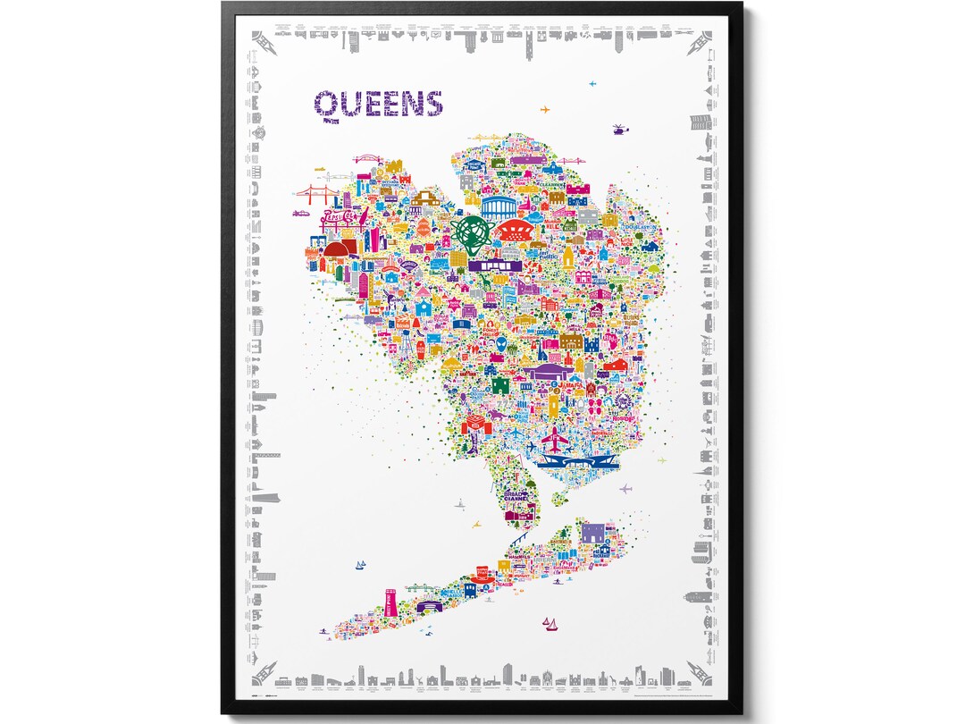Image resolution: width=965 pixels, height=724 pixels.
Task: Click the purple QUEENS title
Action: point(379,104)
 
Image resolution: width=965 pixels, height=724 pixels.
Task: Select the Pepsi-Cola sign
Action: point(319,218)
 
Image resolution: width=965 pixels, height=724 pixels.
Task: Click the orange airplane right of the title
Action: point(546,110)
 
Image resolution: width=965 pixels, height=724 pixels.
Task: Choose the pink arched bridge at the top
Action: point(368,161)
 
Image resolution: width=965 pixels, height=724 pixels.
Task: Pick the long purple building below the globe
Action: point(489,265)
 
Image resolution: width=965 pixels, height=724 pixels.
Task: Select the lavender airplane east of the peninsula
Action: point(625,489)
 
